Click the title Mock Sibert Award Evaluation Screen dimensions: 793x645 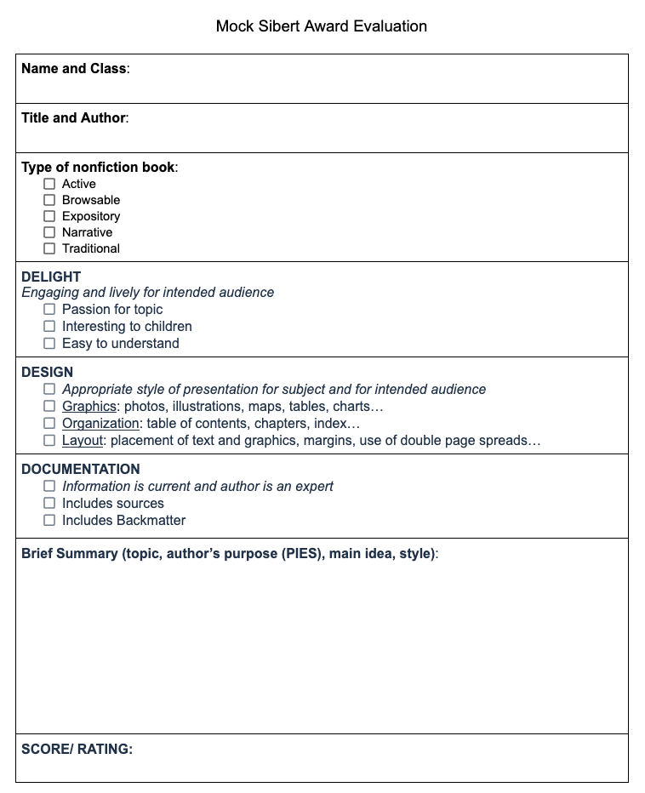322,26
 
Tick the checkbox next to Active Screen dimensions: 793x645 49,184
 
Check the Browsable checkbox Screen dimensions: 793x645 49,200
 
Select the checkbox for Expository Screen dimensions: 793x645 49,216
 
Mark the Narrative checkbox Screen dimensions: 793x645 49,232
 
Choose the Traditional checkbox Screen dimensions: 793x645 49,248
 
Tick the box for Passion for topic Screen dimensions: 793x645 49,310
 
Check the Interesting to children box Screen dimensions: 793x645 49,327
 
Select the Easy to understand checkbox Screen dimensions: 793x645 49,344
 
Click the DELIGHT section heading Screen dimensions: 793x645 51,277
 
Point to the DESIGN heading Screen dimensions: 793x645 48,373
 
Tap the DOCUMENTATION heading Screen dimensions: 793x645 81,470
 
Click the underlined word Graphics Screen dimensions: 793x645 88,407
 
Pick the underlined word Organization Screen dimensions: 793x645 100,424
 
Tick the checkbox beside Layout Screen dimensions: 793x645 49,441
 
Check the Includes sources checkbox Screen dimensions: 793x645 49,504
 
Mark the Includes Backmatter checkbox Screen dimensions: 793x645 49,521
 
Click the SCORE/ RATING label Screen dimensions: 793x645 77,750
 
